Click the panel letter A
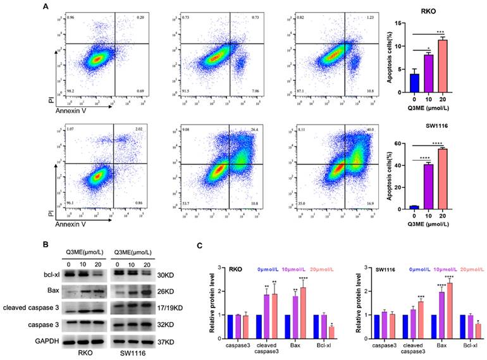coord(46,7)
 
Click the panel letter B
coord(46,242)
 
